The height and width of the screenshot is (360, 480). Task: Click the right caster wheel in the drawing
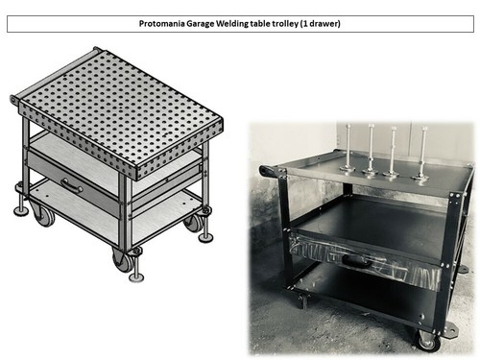(194, 223)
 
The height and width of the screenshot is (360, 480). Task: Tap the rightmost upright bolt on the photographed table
(420, 154)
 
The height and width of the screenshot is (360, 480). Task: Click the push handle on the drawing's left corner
(16, 100)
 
